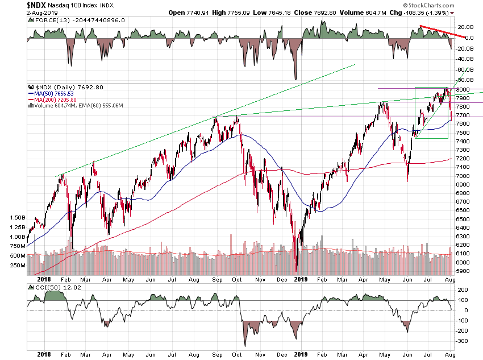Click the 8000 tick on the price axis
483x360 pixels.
[x=461, y=90]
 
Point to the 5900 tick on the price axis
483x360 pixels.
[x=461, y=271]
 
